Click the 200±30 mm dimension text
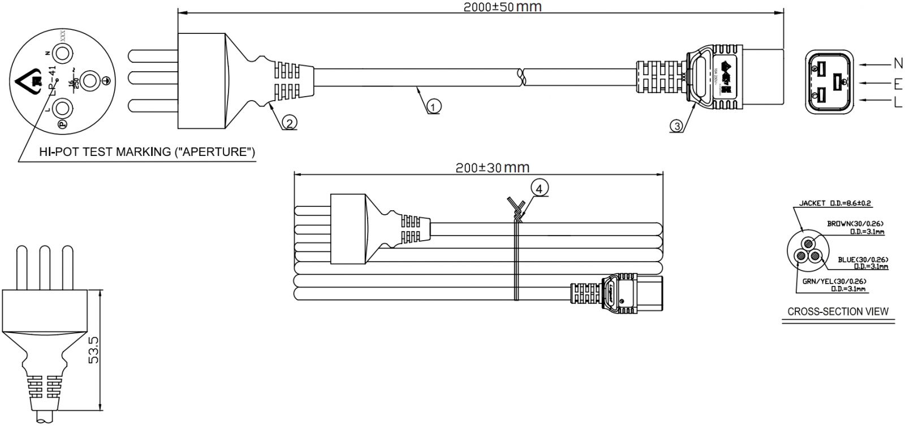pyautogui.click(x=492, y=168)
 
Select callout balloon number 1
pyautogui.click(x=434, y=106)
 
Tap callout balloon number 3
pyautogui.click(x=676, y=125)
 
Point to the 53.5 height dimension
pyautogui.click(x=94, y=350)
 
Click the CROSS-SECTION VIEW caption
pyautogui.click(x=838, y=311)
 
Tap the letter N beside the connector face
pyautogui.click(x=898, y=62)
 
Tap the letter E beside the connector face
pyautogui.click(x=898, y=85)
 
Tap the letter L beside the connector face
pyautogui.click(x=898, y=103)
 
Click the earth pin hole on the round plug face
pyautogui.click(x=90, y=81)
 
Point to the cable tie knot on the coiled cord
pyautogui.click(x=516, y=214)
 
